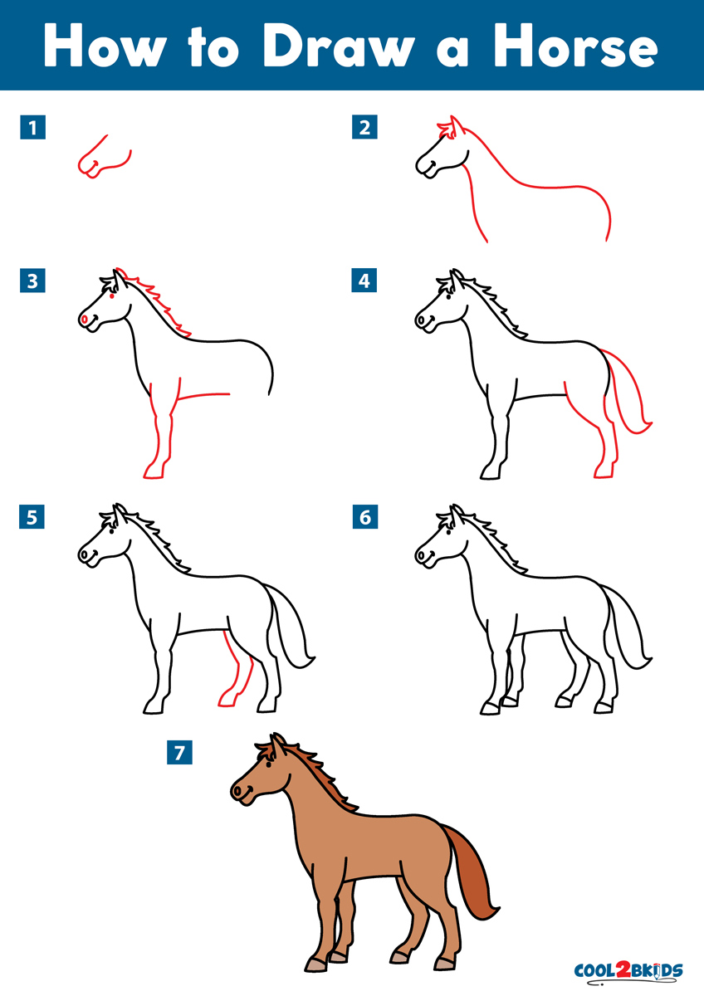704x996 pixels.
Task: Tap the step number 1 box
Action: click(x=32, y=127)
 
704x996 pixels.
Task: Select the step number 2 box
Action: click(x=364, y=127)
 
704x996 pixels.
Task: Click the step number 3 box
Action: click(x=32, y=281)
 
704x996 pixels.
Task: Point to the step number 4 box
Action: click(x=364, y=281)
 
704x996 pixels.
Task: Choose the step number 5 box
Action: click(x=32, y=517)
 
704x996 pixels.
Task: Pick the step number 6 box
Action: click(x=364, y=517)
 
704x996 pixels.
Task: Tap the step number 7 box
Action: click(x=179, y=752)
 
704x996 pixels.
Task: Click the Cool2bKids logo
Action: click(x=628, y=970)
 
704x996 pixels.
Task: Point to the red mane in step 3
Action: click(x=158, y=303)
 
